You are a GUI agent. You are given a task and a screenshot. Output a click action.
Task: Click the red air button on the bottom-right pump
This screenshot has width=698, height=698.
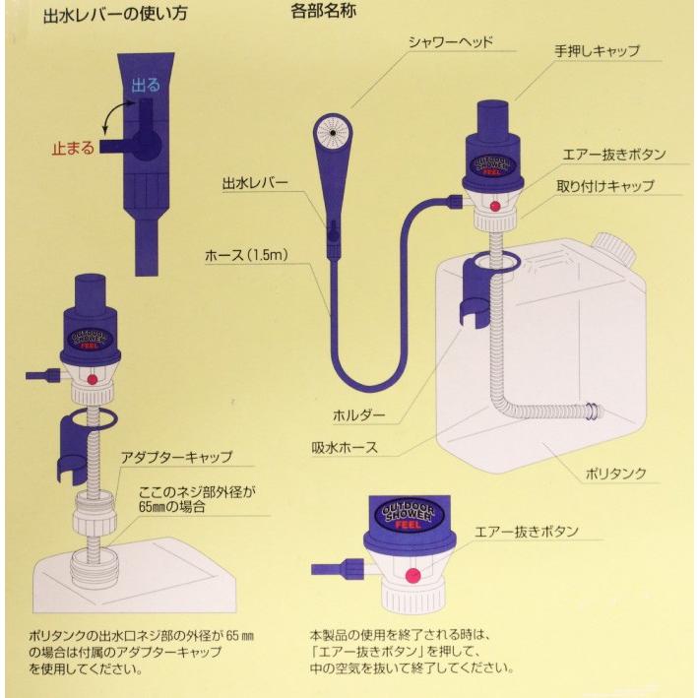412,575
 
